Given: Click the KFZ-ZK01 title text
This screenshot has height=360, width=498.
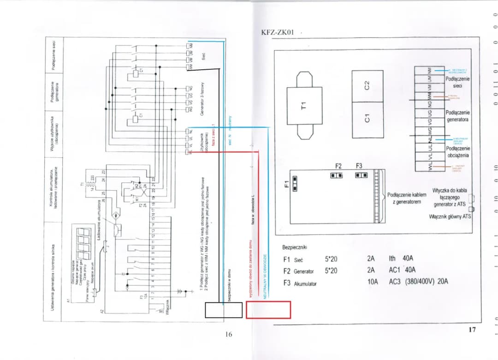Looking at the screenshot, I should coord(277,32).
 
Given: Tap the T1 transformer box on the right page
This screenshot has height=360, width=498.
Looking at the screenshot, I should coord(303,105).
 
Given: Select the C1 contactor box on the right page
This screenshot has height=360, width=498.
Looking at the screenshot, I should coord(367,119).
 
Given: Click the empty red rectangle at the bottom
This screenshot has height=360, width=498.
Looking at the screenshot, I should coord(268,310).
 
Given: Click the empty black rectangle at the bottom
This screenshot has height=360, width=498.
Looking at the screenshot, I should coord(224,310).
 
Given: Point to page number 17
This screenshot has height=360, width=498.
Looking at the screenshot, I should coord(472,329).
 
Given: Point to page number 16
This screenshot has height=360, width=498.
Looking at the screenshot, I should coord(228,334).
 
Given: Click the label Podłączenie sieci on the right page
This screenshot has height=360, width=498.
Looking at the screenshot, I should coord(457,82).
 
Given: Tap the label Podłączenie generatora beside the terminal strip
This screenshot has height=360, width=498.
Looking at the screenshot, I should coord(457,116).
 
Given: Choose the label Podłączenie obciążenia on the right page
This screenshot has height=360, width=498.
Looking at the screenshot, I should coord(457,152).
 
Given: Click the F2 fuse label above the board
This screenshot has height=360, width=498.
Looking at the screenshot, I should coord(338,166).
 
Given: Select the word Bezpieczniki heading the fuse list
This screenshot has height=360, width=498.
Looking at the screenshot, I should coord(295,248).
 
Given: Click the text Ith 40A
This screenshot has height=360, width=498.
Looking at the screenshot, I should coord(401,259).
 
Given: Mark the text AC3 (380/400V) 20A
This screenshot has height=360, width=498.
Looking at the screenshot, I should coord(418,281).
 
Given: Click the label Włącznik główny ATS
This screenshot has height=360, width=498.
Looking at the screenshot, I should coord(450,216).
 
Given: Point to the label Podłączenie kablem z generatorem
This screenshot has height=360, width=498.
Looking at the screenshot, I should coord(407,198).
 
